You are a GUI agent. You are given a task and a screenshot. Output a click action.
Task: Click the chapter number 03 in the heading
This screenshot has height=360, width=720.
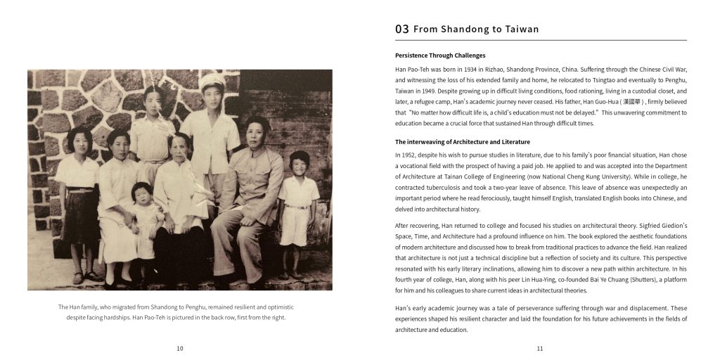pos(401,30)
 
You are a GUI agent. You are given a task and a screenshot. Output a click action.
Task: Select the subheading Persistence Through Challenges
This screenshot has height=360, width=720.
pos(440,56)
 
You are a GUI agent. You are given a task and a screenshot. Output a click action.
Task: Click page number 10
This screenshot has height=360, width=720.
pos(180,348)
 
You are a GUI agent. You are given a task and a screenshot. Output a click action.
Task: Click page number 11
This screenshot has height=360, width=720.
pos(540,348)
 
